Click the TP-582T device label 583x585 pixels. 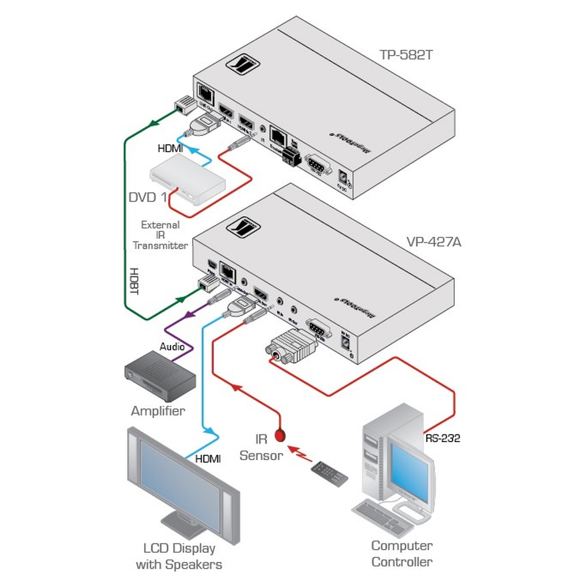tap(406, 54)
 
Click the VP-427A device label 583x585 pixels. tap(433, 242)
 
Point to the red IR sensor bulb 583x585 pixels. tap(280, 435)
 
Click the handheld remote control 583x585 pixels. tap(330, 473)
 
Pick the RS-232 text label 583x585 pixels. tap(442, 438)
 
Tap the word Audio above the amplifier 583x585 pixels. tap(172, 347)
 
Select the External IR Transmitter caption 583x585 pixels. tap(160, 235)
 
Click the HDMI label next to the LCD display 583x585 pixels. tap(208, 459)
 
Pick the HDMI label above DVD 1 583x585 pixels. tap(170, 148)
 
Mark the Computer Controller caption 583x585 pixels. tap(402, 553)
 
